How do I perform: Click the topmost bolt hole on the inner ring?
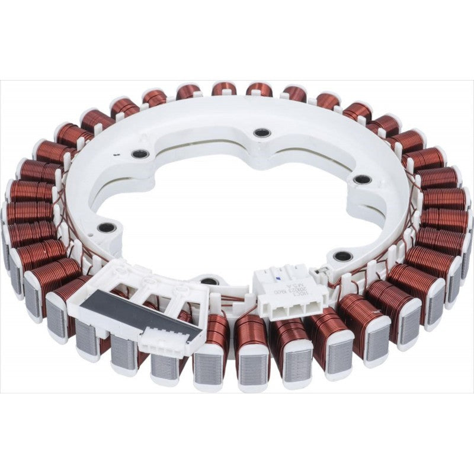pyautogui.click(x=262, y=133)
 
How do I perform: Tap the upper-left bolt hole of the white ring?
pyautogui.click(x=140, y=154)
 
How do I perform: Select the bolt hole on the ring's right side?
pyautogui.click(x=362, y=180)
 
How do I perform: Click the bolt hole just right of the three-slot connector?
pyautogui.click(x=343, y=257)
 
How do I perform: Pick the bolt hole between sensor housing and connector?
pyautogui.click(x=209, y=281)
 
